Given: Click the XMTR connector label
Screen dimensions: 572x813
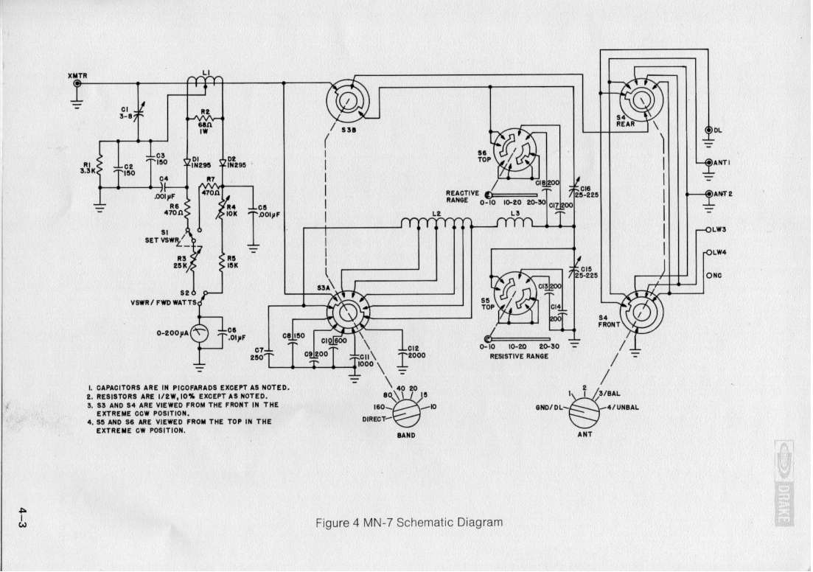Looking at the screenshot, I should pyautogui.click(x=77, y=74).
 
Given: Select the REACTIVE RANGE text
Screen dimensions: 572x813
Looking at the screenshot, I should pyautogui.click(x=463, y=197).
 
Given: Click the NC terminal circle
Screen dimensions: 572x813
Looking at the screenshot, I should pyautogui.click(x=708, y=276).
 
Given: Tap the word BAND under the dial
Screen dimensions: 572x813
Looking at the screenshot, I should pyautogui.click(x=405, y=436).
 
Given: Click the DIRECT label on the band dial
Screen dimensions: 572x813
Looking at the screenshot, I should pyautogui.click(x=374, y=419).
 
